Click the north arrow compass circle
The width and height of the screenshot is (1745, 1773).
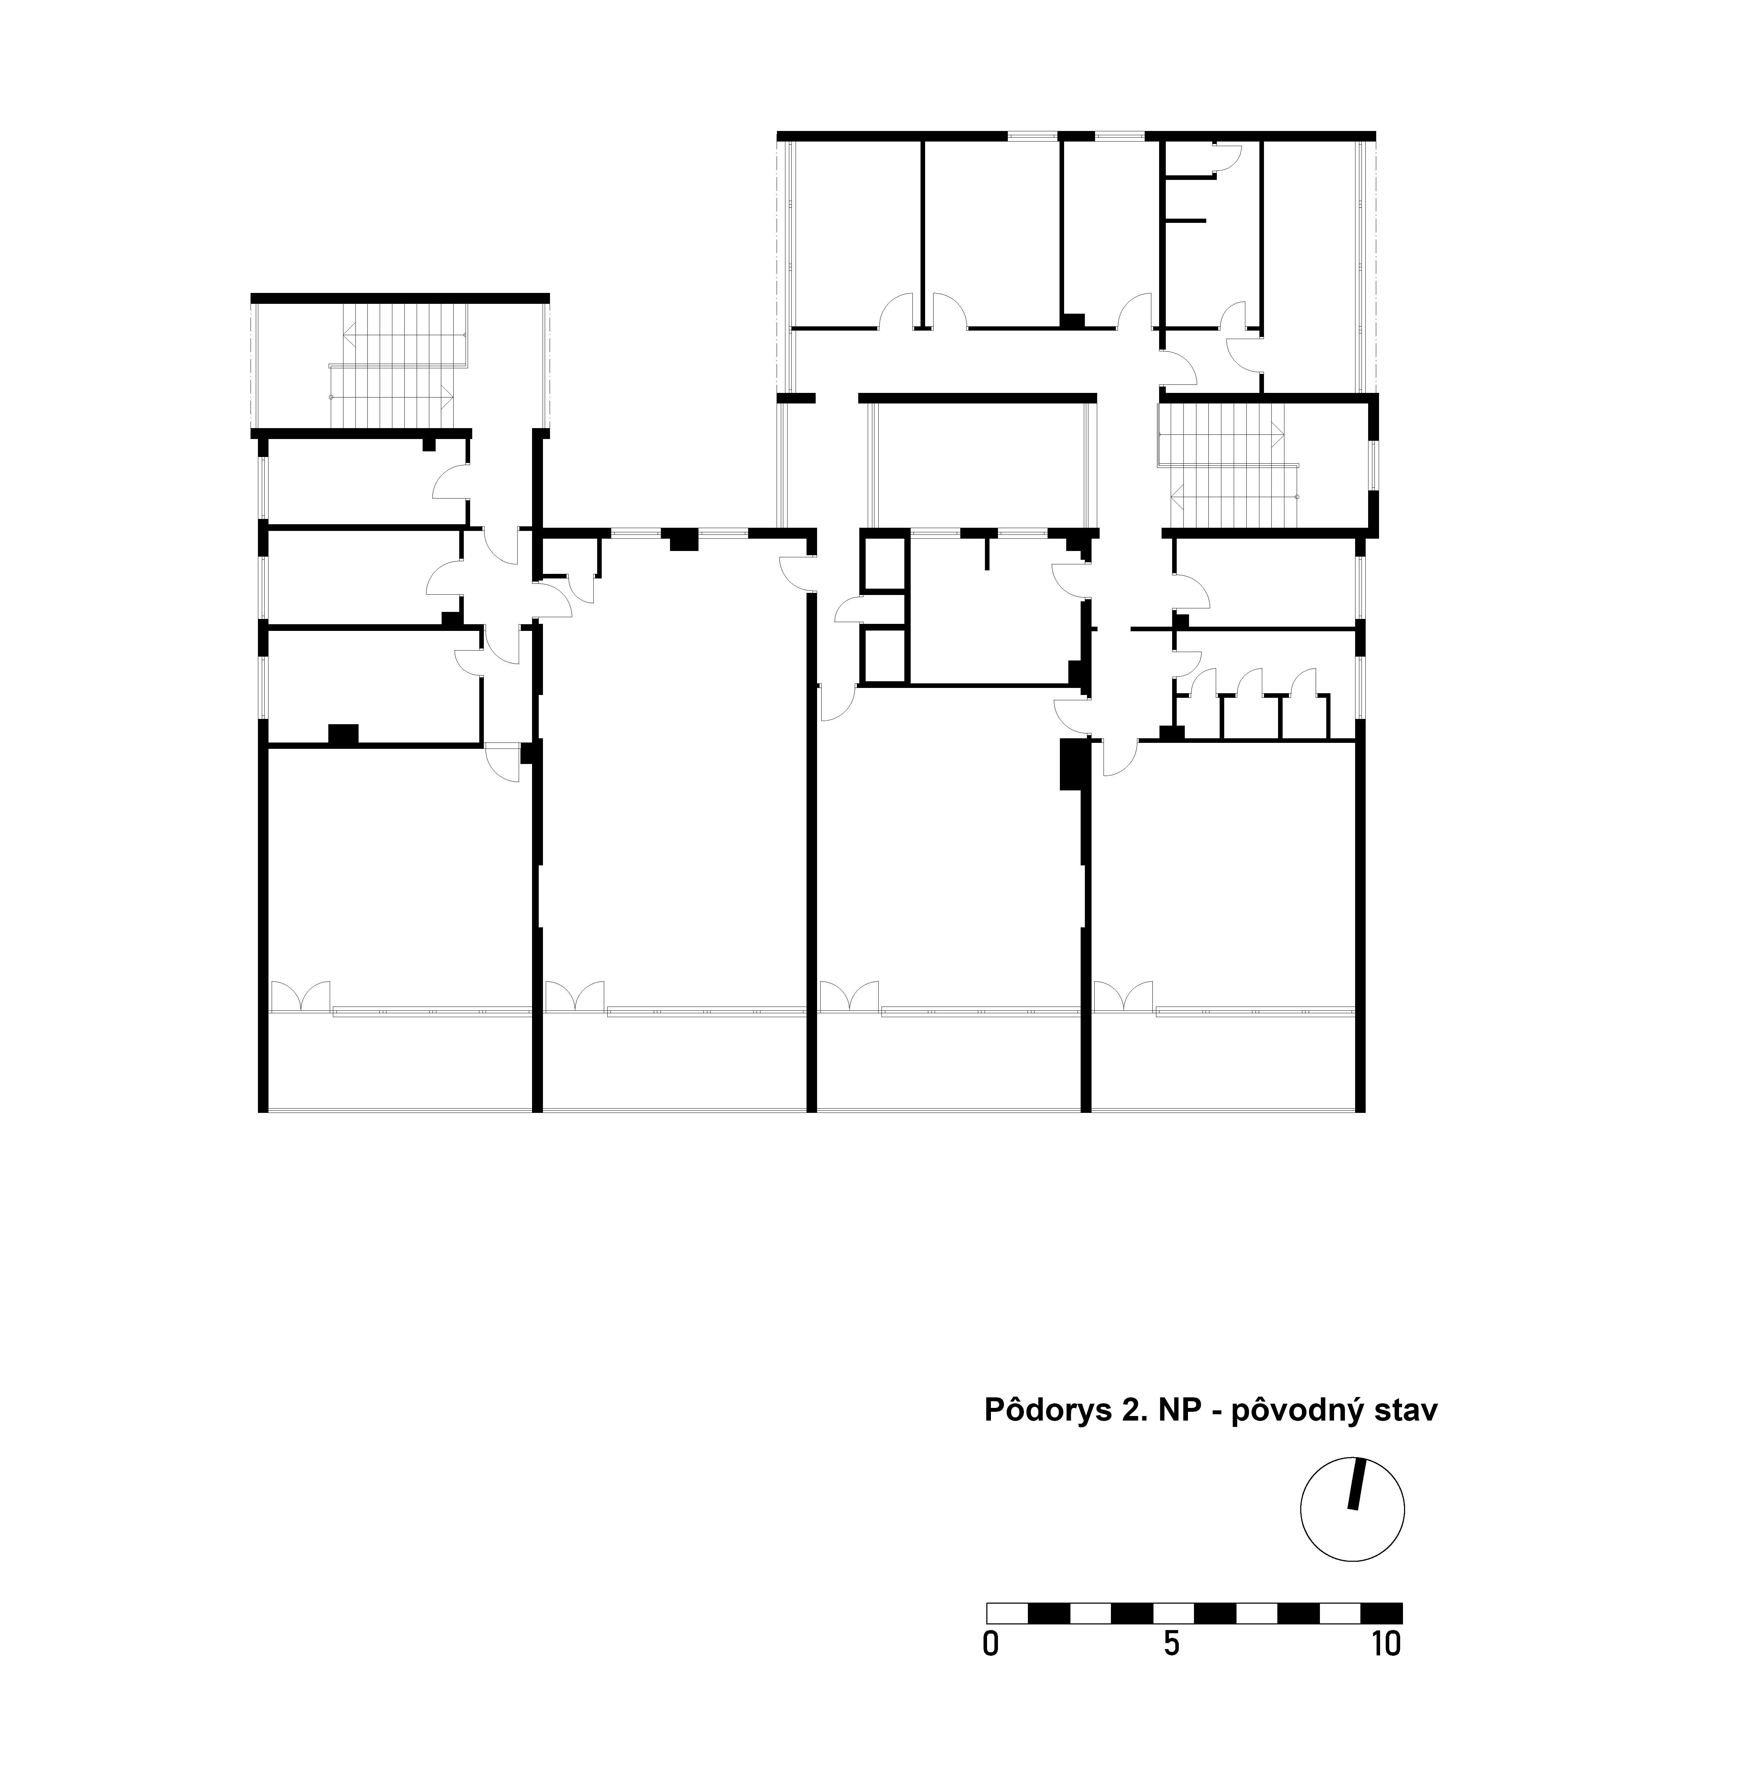(x=1353, y=1509)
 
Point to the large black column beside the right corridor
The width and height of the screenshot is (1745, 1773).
(x=1072, y=765)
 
